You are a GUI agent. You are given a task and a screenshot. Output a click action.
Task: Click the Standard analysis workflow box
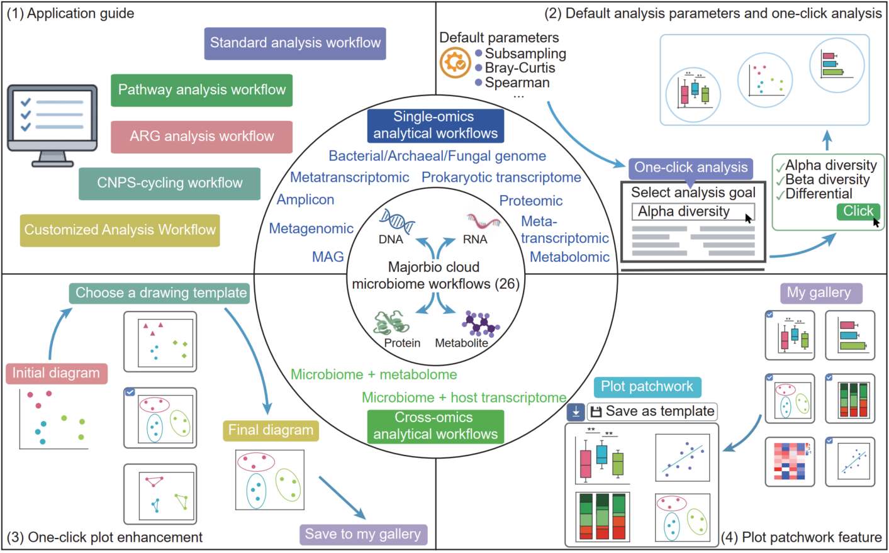(x=295, y=43)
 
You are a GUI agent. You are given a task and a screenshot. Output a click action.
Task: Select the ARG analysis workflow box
(x=201, y=137)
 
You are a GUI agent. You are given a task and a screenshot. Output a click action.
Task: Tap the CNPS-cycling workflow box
(x=169, y=183)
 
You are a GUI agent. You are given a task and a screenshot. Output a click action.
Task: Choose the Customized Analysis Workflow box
(x=120, y=230)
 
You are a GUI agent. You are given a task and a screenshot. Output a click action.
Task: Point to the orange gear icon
(x=455, y=63)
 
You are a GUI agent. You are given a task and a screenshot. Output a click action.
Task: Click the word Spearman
(x=517, y=83)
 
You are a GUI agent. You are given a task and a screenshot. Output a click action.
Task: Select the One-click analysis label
(x=690, y=168)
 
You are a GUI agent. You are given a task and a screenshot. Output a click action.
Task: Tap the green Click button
(x=858, y=211)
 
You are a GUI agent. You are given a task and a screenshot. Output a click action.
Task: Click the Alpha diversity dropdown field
(x=692, y=212)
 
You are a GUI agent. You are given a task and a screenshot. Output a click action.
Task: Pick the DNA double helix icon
(x=396, y=221)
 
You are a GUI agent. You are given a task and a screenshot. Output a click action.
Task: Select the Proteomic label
(x=530, y=201)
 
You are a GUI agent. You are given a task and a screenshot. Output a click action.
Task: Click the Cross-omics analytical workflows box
(x=435, y=427)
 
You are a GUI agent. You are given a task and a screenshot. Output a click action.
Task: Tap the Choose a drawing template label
(x=160, y=293)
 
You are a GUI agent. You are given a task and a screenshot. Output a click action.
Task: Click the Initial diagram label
(x=56, y=373)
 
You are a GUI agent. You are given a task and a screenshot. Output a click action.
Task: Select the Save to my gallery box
(x=363, y=535)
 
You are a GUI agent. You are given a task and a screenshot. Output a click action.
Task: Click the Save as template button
(x=652, y=411)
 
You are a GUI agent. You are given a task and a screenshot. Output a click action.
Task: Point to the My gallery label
(x=819, y=293)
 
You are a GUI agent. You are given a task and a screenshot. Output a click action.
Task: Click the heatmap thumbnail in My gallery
(x=790, y=462)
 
